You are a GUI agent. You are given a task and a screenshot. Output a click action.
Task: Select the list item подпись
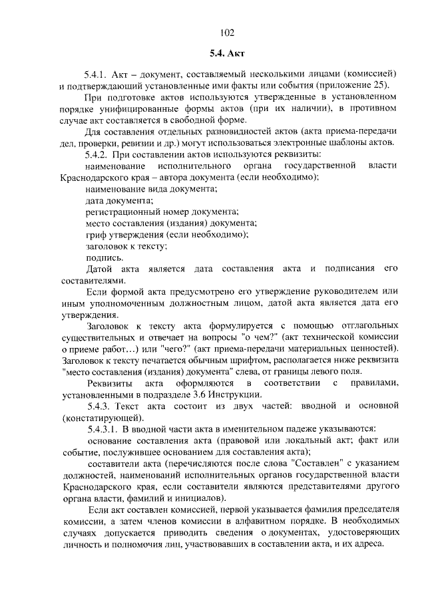click(x=104, y=257)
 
